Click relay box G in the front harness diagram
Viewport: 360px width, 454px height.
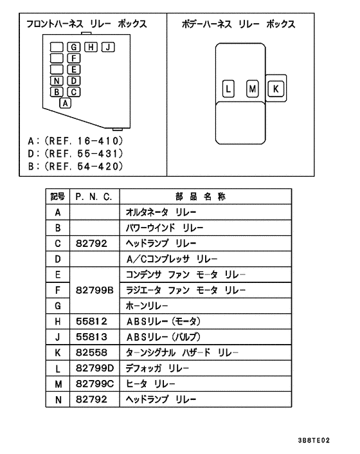[x=73, y=47]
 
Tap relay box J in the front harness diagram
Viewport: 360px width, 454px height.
[x=108, y=47]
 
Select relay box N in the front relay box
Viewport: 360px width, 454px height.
[x=57, y=81]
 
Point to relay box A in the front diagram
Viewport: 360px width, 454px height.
[x=65, y=103]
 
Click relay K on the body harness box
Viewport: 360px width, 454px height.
[x=276, y=89]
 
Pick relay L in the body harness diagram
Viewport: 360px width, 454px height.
[x=228, y=89]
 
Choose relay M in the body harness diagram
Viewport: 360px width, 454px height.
[x=253, y=89]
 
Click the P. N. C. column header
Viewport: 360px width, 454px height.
[x=94, y=197]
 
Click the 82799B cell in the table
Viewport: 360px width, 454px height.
[x=94, y=290]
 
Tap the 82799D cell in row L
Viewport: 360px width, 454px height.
[x=94, y=368]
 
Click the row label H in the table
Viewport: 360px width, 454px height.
[x=58, y=322]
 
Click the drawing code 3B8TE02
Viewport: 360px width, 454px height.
[x=314, y=440]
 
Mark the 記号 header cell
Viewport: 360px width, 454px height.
[x=58, y=197]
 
